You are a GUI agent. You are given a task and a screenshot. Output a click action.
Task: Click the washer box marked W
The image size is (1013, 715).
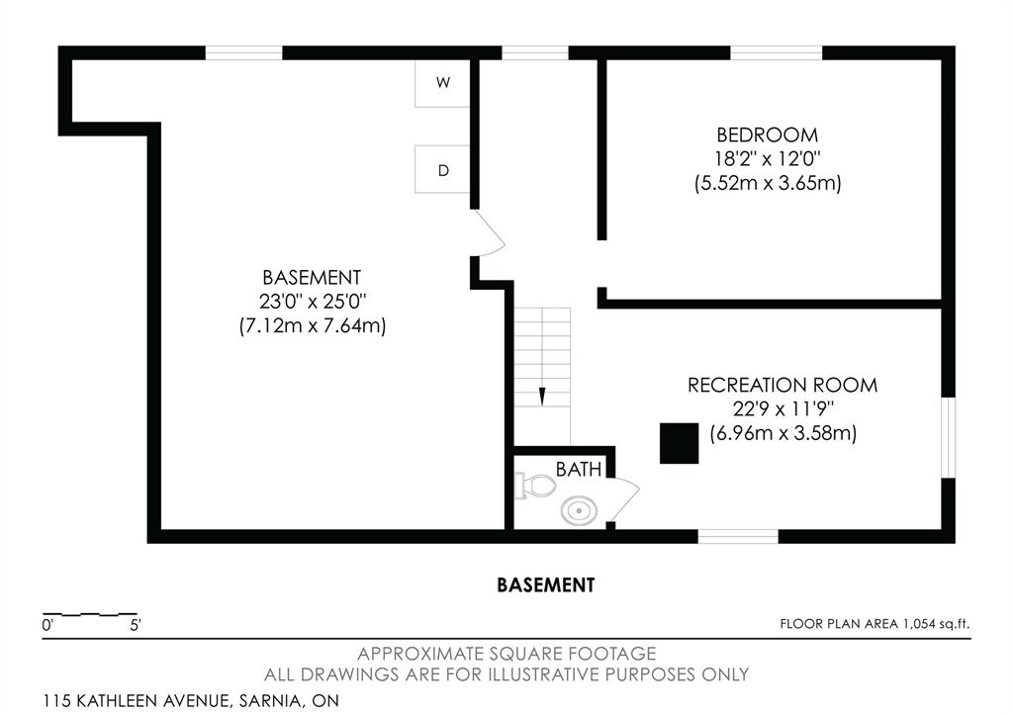[442, 83]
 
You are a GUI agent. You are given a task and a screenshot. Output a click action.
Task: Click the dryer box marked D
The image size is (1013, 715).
[442, 169]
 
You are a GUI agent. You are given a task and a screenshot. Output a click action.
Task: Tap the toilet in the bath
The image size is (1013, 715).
[535, 485]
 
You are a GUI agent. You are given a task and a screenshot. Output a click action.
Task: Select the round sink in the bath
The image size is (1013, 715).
[579, 510]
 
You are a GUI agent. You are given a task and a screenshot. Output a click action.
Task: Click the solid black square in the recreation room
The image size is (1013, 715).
[679, 443]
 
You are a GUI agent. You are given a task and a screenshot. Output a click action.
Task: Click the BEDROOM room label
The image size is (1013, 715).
[768, 135]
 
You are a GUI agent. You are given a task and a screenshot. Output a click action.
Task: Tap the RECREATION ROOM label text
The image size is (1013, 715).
[783, 385]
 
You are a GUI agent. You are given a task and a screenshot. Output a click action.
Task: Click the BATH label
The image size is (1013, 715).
[579, 469]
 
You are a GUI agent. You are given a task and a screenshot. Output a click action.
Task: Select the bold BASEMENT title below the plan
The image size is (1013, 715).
[546, 585]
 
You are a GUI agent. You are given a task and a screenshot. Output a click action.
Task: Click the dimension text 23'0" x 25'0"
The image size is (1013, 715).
[313, 301]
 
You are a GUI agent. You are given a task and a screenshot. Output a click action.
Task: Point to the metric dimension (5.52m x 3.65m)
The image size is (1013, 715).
[768, 183]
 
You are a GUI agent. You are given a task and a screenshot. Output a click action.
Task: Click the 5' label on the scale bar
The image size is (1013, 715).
[136, 625]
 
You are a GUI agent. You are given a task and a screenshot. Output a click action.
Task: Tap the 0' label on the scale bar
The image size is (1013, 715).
[47, 625]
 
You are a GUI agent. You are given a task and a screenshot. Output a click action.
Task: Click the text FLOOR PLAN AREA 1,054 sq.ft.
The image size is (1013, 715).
[875, 624]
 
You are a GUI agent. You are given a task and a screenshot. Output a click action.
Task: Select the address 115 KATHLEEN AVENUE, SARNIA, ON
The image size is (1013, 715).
[191, 700]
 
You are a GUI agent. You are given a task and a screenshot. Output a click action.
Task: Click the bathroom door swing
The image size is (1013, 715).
[623, 500]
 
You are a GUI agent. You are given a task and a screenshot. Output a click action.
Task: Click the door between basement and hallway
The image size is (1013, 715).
[488, 233]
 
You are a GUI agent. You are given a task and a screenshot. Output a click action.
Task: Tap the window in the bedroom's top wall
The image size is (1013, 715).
[776, 53]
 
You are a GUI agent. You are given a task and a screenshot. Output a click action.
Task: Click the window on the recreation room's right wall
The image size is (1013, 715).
[948, 437]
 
